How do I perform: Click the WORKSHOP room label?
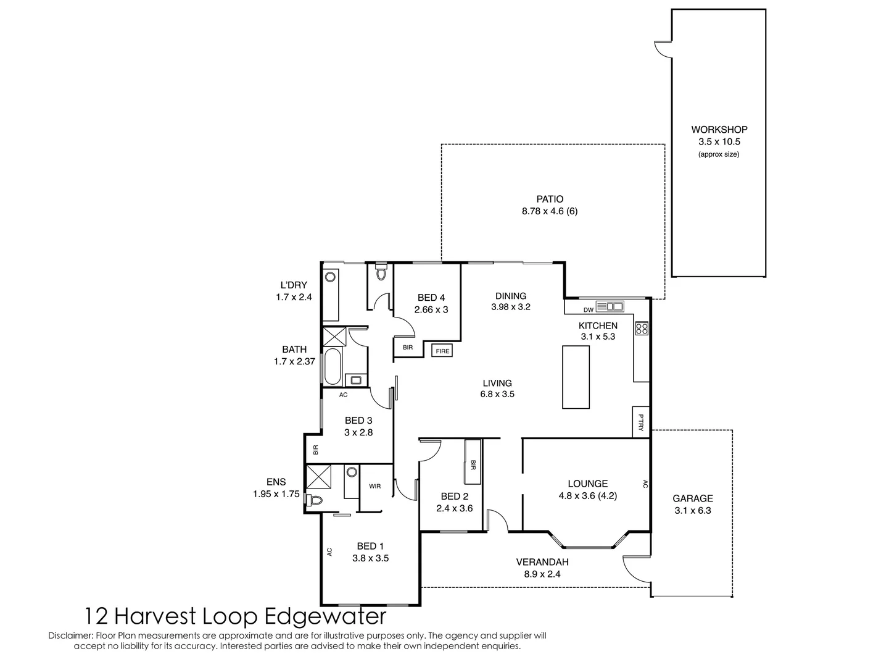pos(719,130)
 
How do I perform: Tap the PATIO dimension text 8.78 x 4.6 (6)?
pos(549,211)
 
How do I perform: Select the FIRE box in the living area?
pos(442,351)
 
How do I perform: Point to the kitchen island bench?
pos(576,377)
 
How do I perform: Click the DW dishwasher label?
pos(588,309)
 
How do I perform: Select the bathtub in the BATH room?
pos(333,366)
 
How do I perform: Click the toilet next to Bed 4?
pos(381,272)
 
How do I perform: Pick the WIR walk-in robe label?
pos(375,487)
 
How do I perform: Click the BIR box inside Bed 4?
pos(408,348)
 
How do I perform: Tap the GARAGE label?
pos(692,498)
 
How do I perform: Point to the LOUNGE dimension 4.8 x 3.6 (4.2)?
pos(587,495)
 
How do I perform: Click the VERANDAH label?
pos(542,562)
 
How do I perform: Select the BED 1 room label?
pos(370,546)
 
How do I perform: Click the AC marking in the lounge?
pos(645,485)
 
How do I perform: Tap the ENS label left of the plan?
pos(276,482)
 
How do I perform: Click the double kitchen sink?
pos(614,306)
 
